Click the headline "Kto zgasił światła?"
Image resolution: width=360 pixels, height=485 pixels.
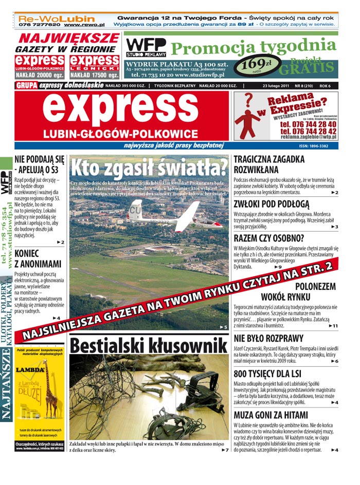coord(149,168)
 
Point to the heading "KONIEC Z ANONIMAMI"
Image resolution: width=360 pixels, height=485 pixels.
coord(38,259)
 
